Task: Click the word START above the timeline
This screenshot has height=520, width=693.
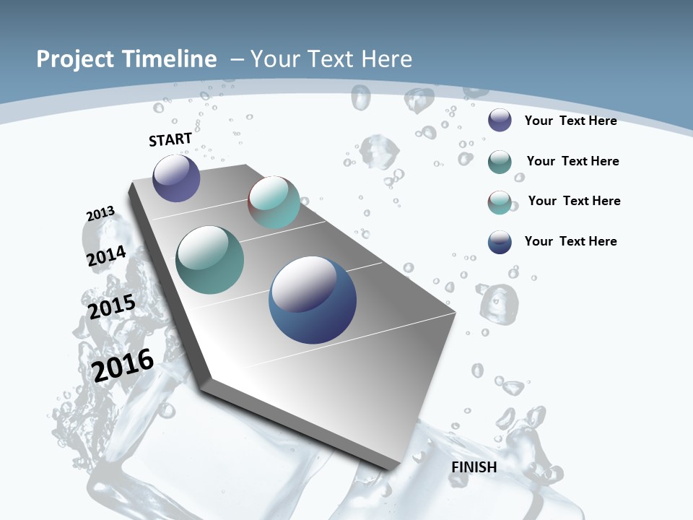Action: pos(170,139)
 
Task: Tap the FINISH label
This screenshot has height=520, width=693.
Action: pos(474,467)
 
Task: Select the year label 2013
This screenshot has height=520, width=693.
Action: pos(100,214)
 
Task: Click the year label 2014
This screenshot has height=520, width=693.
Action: pos(106,256)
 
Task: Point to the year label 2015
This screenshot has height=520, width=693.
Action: pos(112,307)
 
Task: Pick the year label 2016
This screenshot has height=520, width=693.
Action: pos(123,365)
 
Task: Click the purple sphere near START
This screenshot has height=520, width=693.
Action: pos(176,178)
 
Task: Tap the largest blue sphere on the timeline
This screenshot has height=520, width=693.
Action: pos(313,300)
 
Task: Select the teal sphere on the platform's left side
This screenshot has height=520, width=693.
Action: pos(209,260)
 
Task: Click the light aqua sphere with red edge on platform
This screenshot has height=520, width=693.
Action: pos(274,201)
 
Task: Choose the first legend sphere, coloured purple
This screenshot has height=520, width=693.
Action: pos(500,120)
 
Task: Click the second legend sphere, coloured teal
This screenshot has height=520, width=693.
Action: pos(500,162)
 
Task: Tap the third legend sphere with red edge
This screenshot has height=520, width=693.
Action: pos(500,202)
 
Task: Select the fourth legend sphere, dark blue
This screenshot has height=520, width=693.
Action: pos(500,242)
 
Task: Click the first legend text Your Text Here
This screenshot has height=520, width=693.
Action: pos(570,121)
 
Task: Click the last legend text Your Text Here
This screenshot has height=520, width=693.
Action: pos(570,241)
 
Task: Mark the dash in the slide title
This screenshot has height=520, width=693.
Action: pos(237,59)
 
